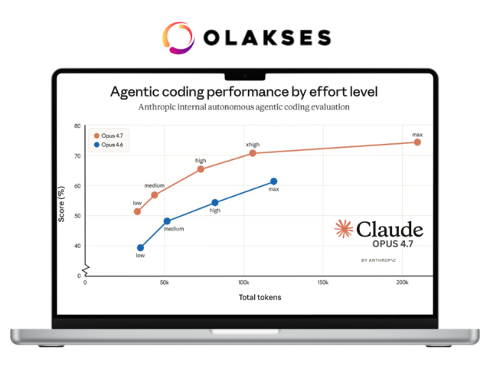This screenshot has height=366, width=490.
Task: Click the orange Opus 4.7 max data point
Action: pos(417,142)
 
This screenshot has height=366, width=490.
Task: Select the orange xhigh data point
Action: pos(253,153)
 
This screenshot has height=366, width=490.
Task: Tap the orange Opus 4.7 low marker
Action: pos(137,211)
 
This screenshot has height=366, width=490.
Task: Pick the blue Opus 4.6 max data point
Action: pos(274,181)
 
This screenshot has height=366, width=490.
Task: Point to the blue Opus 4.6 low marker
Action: pos(140,248)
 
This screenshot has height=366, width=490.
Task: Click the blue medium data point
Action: pos(167,221)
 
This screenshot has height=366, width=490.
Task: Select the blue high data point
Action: pos(215,203)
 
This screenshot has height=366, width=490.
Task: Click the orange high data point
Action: pos(201,169)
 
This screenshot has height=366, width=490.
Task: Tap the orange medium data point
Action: pos(155,195)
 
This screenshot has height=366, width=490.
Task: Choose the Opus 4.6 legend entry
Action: pos(109,145)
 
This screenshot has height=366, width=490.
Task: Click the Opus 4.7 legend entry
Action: pos(109,136)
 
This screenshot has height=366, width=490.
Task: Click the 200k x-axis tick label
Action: pos(402,283)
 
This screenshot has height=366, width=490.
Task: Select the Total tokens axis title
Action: pos(260,297)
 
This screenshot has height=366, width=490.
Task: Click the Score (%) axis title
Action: pos(61,204)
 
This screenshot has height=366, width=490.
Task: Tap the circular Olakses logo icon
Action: pos(178,38)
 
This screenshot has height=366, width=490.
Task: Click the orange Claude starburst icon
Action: pos(344,229)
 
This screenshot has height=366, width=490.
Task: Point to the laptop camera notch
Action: pos(245,77)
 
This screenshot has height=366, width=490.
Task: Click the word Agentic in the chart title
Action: pos(135,92)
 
